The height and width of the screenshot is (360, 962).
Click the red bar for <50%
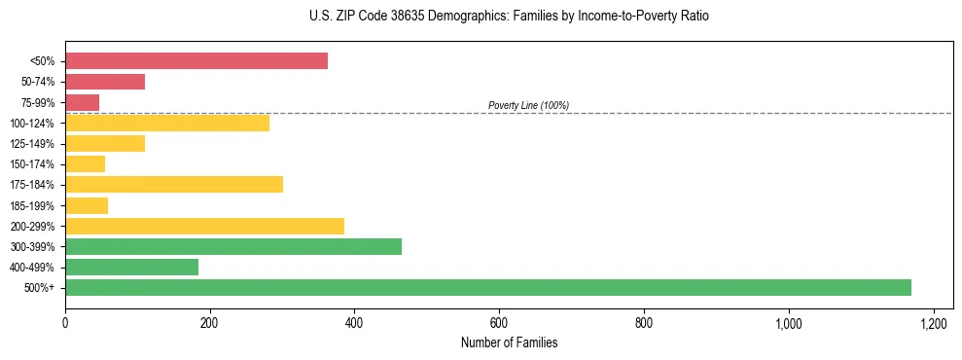(196, 61)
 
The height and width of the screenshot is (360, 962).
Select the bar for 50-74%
(105, 82)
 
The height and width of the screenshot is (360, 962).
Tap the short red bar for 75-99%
(82, 102)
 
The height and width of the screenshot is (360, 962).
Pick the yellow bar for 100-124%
(167, 123)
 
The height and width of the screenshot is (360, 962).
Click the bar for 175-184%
(174, 185)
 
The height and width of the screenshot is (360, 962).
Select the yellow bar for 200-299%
(204, 226)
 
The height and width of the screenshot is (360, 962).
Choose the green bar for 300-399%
(233, 246)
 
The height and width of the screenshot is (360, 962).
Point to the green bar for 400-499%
(131, 267)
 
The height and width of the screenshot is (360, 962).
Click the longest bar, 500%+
(488, 287)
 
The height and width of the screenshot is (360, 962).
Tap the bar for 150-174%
(85, 164)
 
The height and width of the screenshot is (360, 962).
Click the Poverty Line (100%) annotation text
(528, 105)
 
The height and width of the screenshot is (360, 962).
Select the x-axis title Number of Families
(509, 343)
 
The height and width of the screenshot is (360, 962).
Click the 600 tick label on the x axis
(499, 322)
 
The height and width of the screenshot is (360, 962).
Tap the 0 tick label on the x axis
(65, 322)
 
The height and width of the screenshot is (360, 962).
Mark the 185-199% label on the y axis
(33, 205)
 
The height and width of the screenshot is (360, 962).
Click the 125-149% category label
(33, 144)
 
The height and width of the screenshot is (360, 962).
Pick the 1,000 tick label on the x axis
(788, 322)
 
